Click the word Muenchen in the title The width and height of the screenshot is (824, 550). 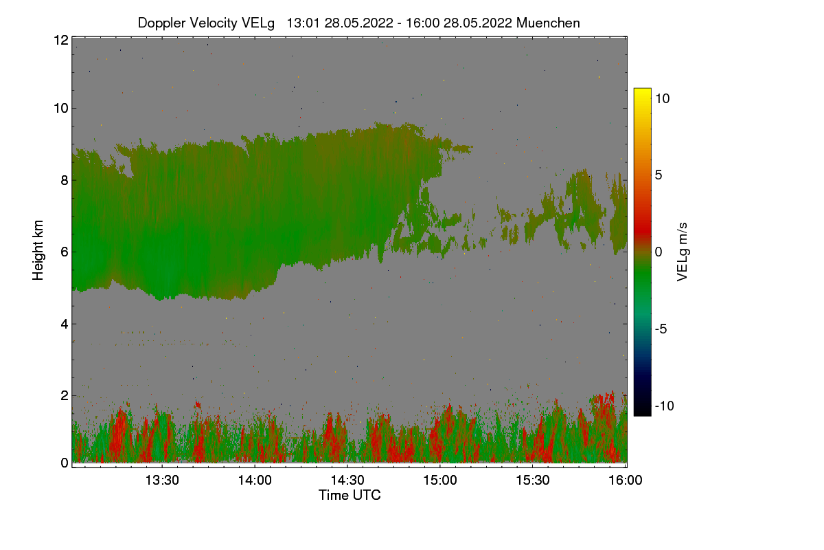pos(548,23)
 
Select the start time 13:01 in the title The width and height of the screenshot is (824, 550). pos(303,23)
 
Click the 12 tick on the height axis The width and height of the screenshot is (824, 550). pos(60,40)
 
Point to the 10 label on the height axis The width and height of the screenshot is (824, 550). pos(60,108)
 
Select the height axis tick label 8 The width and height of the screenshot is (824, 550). pos(64,180)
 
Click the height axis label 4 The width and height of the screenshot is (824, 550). pos(64,324)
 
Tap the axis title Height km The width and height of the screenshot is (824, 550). pos(38,250)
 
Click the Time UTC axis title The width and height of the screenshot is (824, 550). pos(350,495)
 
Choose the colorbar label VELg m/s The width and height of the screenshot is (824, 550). pos(682,251)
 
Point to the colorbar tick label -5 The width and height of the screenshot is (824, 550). pos(663,329)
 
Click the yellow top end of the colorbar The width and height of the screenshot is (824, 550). pos(642,92)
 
